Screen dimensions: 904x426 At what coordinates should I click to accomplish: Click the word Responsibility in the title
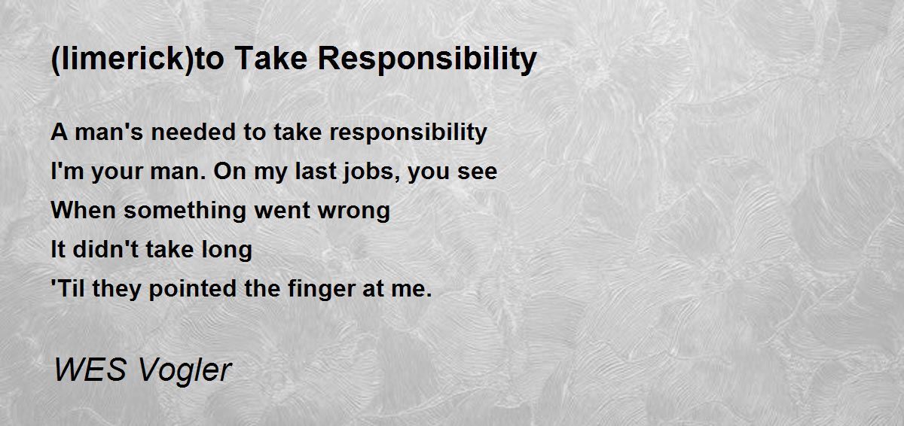(x=427, y=59)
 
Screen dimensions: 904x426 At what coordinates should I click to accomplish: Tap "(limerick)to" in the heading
(x=137, y=59)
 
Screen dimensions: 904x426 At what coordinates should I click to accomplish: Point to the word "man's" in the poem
(x=109, y=132)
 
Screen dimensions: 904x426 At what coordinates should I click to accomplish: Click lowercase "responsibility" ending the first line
(x=408, y=133)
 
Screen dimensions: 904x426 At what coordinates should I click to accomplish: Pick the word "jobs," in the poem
(x=371, y=172)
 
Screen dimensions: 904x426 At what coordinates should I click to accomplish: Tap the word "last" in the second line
(x=316, y=171)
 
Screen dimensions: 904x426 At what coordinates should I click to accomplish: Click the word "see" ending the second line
(x=477, y=172)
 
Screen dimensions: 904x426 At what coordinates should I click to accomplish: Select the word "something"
(x=185, y=211)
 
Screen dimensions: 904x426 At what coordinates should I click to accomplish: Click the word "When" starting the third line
(x=84, y=210)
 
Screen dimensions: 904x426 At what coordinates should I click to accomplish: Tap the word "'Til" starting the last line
(x=68, y=288)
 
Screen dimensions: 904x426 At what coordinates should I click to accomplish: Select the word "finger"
(x=321, y=289)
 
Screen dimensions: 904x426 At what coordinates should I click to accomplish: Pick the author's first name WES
(x=90, y=370)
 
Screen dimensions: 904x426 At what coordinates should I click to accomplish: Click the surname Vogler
(x=185, y=371)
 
